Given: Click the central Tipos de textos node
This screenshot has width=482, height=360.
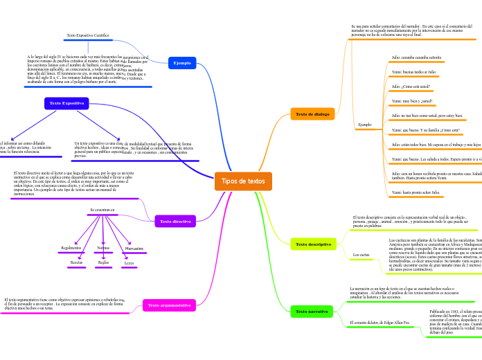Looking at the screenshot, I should coord(243,181).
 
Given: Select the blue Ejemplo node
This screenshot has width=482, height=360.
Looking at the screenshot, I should coord(182,63).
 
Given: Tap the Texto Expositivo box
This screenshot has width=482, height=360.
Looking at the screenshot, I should coord(66,103).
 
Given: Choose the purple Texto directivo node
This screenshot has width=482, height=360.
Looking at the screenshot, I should coord(175,222).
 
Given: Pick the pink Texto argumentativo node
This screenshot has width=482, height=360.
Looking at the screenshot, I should coord(169,305).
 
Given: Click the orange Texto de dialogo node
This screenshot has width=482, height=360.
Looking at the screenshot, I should coord(312,114).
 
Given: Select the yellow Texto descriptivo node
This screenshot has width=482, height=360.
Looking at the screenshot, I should coord(313,244).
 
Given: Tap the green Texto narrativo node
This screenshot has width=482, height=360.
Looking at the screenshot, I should coord(312,312).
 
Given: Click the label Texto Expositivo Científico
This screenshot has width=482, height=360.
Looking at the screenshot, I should coord(88,35).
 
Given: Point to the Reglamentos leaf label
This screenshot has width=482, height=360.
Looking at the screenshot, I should coord(71,248).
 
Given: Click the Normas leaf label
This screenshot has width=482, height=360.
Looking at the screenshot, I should coord(103,247).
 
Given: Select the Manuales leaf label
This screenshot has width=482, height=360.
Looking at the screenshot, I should coord(134,248).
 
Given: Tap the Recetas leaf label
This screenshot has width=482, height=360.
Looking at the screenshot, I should coord(77,262).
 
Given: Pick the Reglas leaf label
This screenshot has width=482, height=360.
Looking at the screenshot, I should coord(103,262).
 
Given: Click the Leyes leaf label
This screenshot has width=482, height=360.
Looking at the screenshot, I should coord(130,263).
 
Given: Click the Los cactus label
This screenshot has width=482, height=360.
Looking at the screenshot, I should coord(361,255).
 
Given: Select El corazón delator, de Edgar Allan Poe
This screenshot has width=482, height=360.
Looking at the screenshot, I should coord(380,323).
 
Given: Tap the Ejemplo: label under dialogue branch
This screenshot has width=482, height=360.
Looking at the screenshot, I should coord(366,125).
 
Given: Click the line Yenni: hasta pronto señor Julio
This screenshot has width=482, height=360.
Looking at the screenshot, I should coord(416,192).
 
